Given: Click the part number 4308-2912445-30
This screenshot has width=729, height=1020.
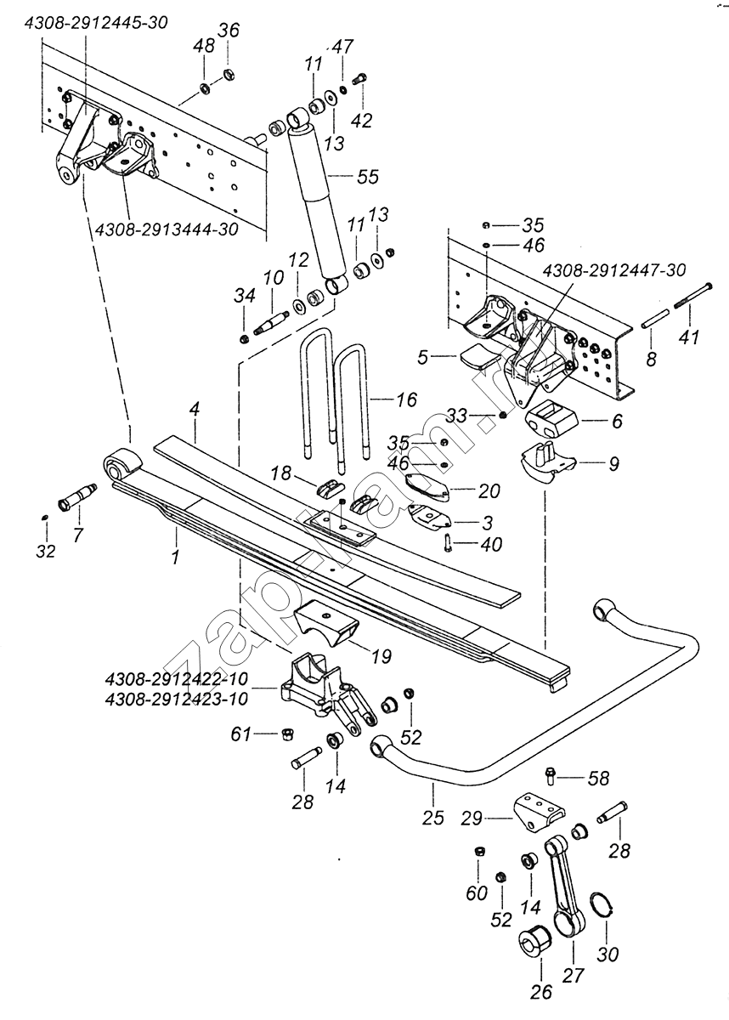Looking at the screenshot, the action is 96,23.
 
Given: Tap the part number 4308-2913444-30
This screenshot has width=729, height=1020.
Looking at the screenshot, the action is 167,229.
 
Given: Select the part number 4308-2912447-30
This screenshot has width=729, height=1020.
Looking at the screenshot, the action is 613,270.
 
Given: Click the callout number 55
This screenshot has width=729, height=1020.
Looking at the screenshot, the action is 368,177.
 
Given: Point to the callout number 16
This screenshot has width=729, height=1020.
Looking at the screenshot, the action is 406,399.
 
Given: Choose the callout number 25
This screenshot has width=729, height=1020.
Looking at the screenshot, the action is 432,818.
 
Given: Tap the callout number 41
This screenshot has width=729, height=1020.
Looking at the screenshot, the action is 689,337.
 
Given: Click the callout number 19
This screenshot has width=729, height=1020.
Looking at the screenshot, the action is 381,656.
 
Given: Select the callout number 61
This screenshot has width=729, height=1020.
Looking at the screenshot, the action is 241,734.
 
